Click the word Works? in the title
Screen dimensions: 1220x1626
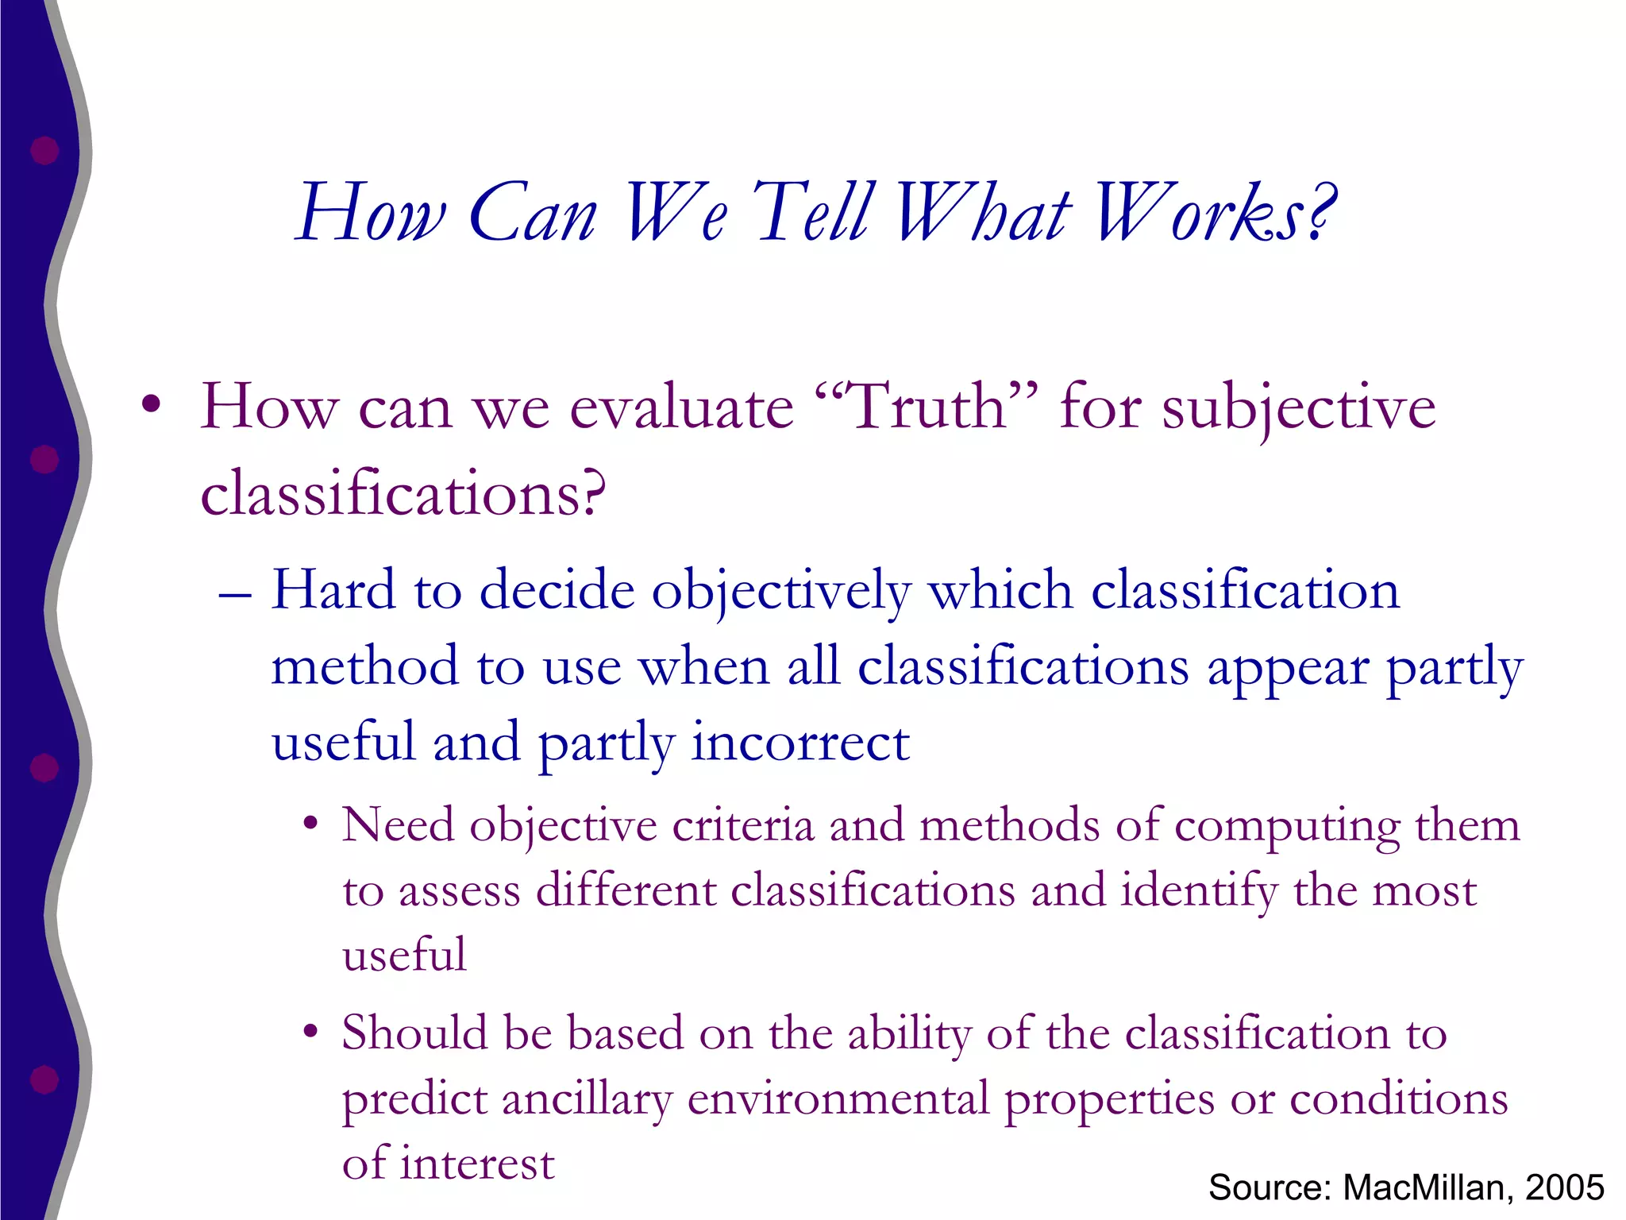coord(1215,212)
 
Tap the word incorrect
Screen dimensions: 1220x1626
coord(800,743)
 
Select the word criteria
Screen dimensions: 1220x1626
coord(743,826)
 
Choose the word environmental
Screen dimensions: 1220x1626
coord(838,1099)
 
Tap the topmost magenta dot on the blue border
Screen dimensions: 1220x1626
coord(44,149)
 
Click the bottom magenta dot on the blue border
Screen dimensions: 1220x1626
coord(44,1079)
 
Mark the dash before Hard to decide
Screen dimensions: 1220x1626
coord(235,595)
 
